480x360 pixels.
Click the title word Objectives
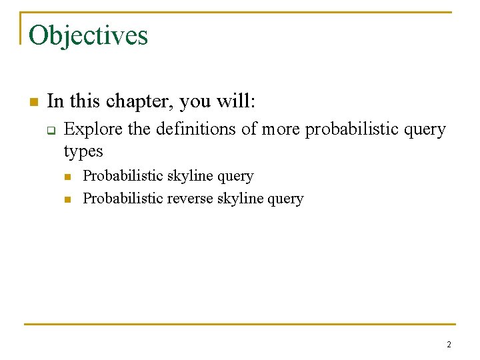[88, 35]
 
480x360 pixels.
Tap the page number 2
[449, 345]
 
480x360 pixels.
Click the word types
[83, 151]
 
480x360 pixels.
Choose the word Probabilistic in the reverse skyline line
[122, 199]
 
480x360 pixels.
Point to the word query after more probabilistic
[427, 129]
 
